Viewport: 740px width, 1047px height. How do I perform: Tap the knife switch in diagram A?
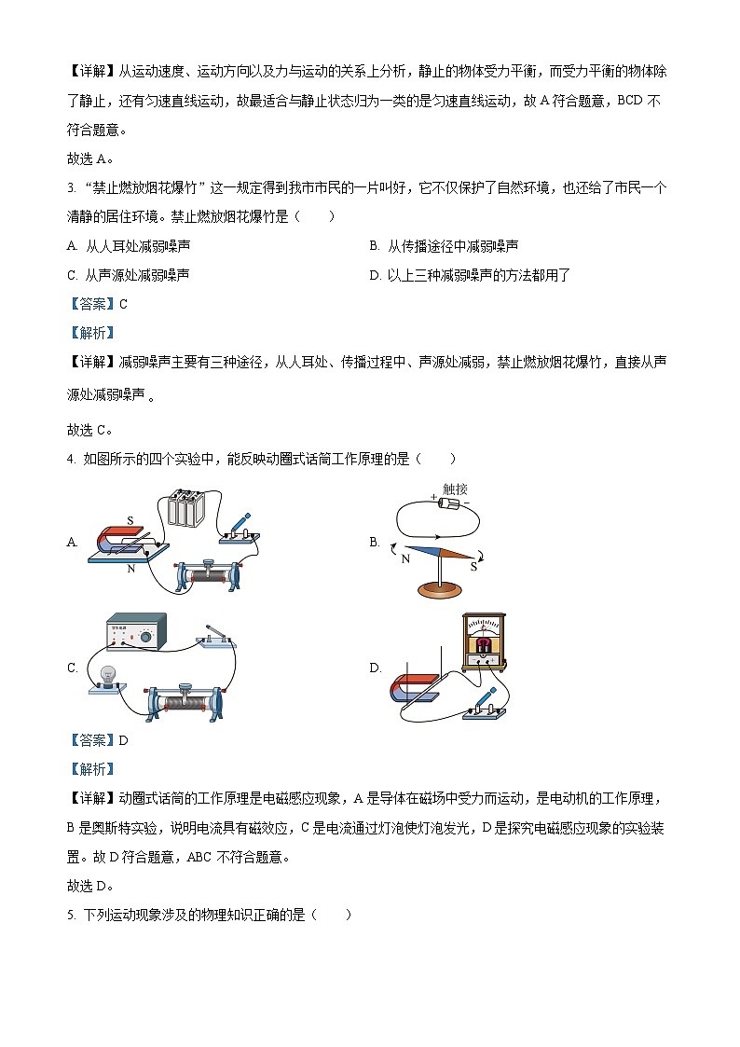pos(238,529)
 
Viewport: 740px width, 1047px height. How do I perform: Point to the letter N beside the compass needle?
pos(405,559)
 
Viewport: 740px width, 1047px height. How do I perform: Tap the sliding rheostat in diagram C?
pos(184,700)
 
